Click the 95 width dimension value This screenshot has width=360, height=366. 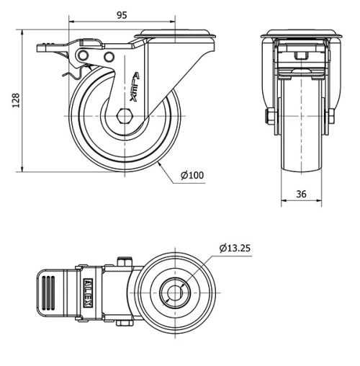tap(122, 14)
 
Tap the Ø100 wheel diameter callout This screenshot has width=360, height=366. tap(192, 175)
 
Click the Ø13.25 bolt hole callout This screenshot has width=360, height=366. tap(235, 249)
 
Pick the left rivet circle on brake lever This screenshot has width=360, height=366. tap(85, 56)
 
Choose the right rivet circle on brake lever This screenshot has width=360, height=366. tap(109, 57)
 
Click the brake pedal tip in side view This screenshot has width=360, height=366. tap(43, 48)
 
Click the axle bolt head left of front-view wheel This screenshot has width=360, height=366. tap(270, 117)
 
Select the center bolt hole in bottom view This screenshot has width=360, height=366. tap(175, 293)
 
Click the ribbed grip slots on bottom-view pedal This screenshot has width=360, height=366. tap(49, 293)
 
